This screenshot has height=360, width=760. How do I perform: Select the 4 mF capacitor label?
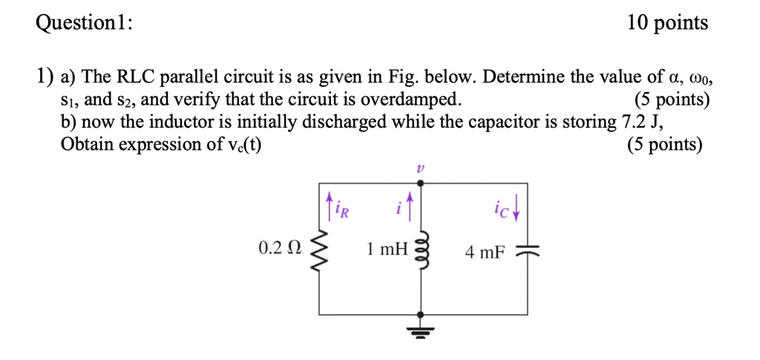pyautogui.click(x=485, y=253)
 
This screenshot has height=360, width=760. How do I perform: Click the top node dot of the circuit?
pyautogui.click(x=422, y=183)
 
